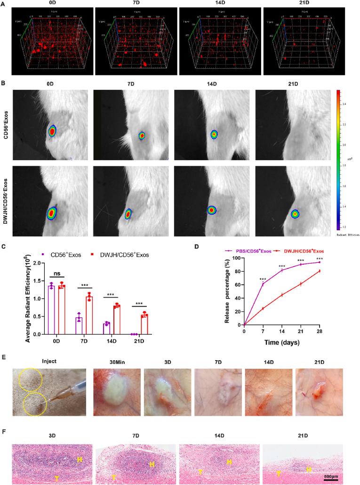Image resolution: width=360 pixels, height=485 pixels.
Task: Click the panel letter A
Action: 4,3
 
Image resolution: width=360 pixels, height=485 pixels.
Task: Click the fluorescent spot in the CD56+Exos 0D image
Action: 52,131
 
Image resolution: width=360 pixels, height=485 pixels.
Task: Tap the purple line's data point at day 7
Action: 262,284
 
